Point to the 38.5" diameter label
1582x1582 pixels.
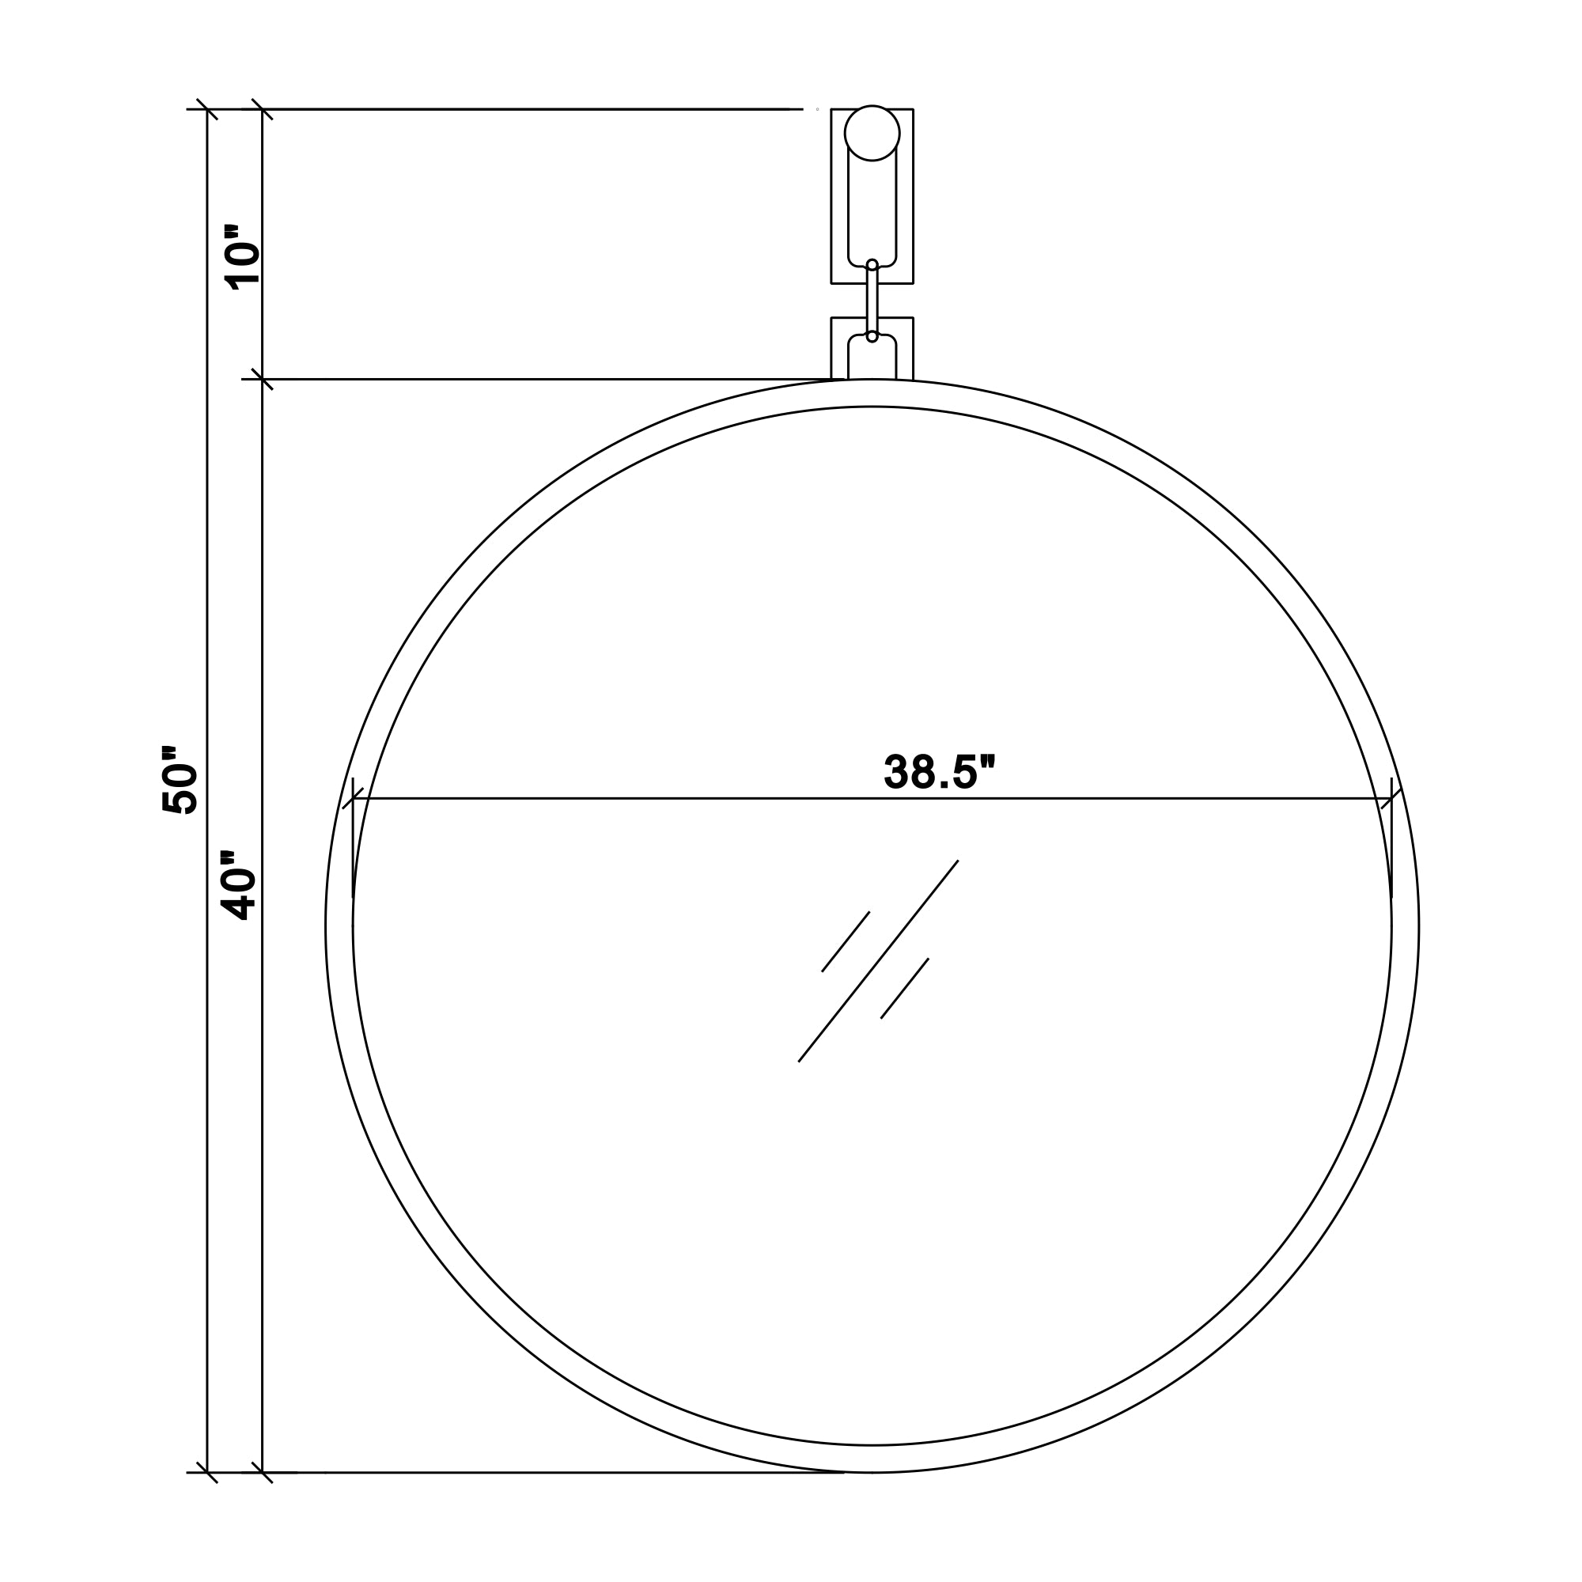[939, 771]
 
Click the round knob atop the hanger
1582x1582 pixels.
[872, 133]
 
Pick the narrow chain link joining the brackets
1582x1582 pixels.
[872, 301]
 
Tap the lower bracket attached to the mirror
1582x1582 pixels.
[872, 348]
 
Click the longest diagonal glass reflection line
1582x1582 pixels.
[878, 961]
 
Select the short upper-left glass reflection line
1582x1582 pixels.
[845, 941]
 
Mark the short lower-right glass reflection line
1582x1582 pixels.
[905, 988]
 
